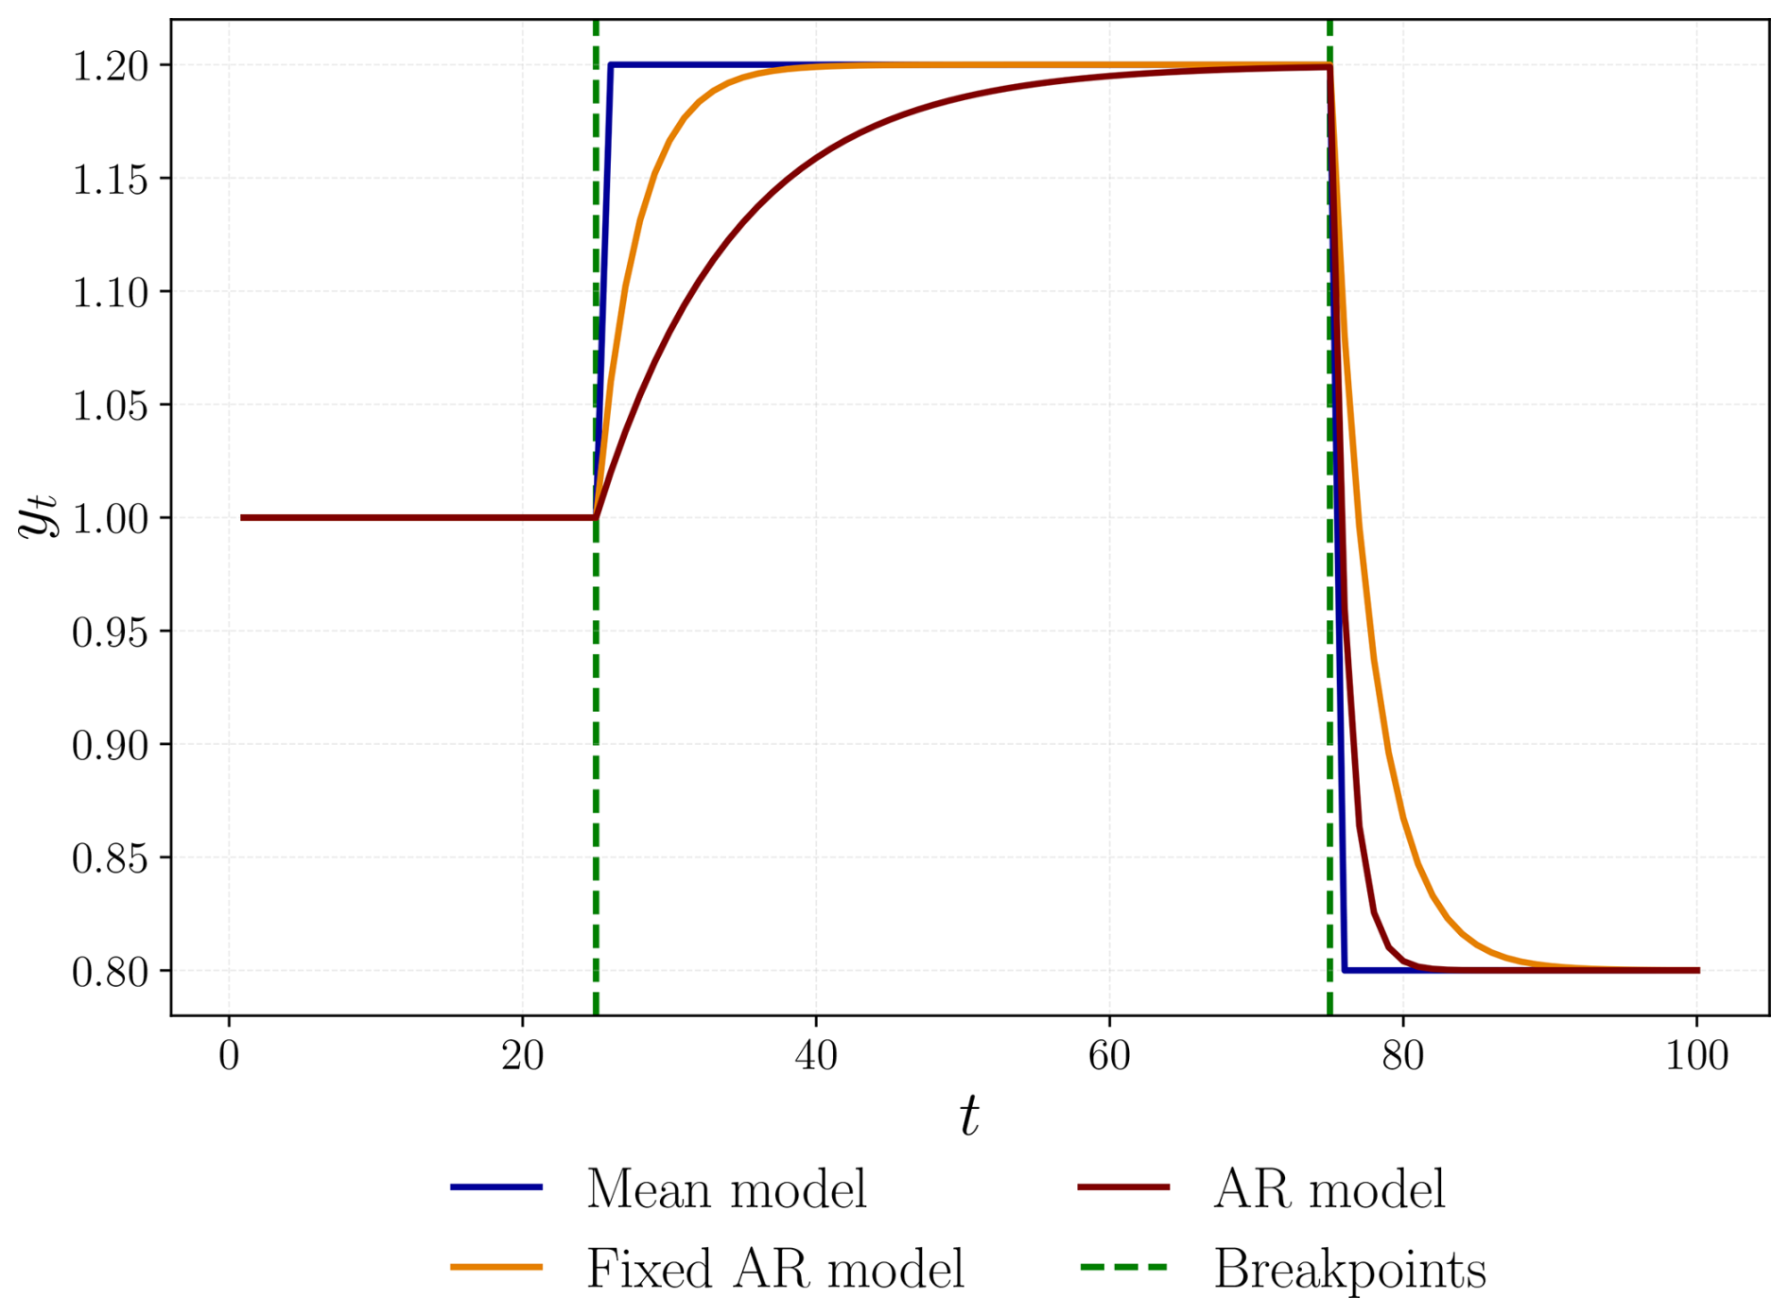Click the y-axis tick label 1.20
coord(110,66)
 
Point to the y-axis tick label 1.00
coord(110,519)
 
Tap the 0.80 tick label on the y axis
coord(110,972)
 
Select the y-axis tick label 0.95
coord(110,632)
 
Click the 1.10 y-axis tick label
coord(110,292)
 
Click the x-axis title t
coord(969,1117)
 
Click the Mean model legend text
coord(726,1189)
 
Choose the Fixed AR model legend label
coord(775,1269)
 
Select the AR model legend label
coord(1329,1189)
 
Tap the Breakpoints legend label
coord(1349,1269)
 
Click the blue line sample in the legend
coord(496,1187)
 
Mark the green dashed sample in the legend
coord(1123,1267)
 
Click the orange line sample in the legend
coord(496,1267)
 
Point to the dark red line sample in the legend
coord(1123,1187)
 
